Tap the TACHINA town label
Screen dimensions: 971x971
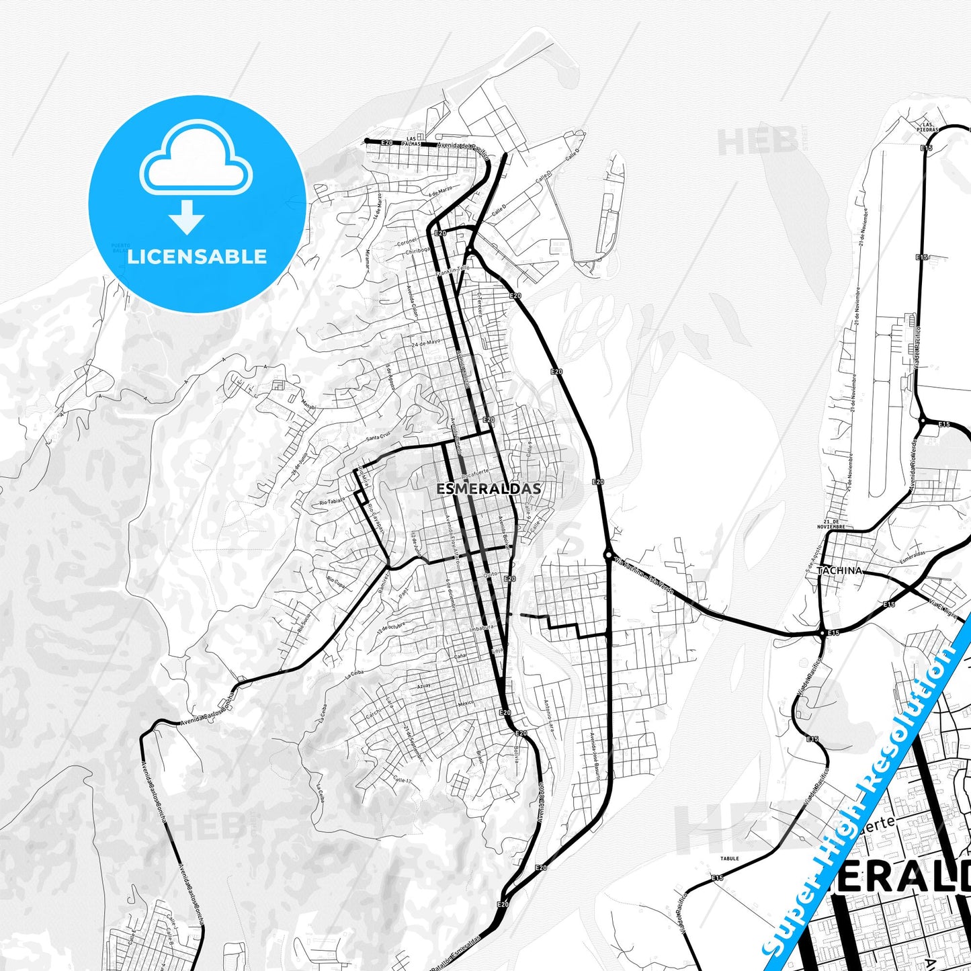839,571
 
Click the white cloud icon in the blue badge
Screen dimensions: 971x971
196,160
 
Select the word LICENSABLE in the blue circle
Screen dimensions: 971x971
197,256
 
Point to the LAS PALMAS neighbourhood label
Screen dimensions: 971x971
409,140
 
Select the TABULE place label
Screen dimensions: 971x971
729,858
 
